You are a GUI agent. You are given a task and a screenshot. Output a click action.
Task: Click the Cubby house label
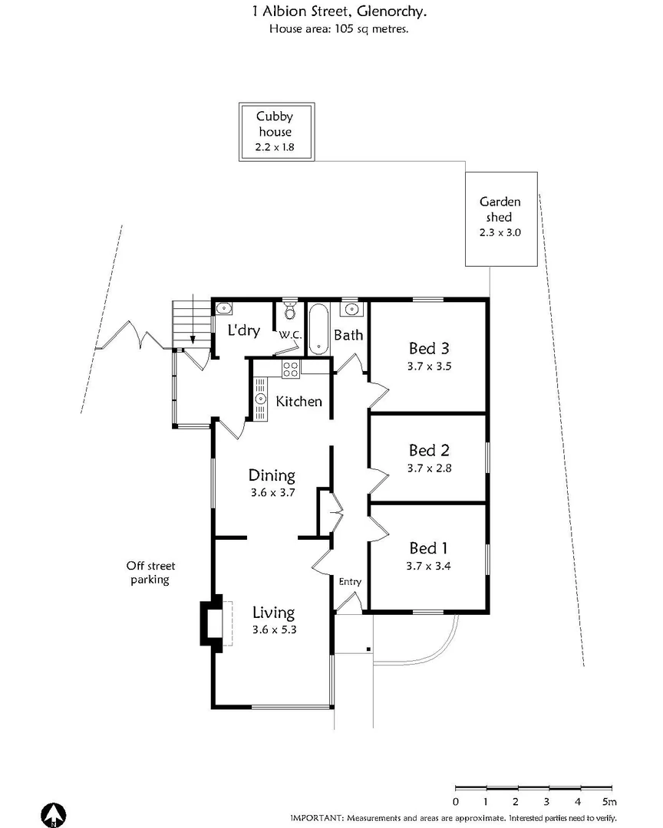click(x=274, y=124)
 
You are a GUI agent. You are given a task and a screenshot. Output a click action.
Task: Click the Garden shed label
click(x=500, y=209)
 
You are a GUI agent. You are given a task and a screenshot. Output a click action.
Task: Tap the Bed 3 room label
click(x=429, y=349)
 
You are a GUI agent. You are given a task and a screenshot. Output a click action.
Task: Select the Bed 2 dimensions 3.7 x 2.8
click(x=429, y=467)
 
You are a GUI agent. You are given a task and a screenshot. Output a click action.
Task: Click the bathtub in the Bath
click(x=319, y=329)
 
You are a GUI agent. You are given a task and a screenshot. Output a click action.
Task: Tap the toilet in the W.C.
click(x=290, y=310)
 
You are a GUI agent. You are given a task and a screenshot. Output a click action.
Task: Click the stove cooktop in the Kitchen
click(x=291, y=369)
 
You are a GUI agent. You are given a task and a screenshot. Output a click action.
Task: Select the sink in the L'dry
click(x=223, y=310)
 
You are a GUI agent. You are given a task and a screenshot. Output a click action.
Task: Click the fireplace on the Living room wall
click(x=212, y=621)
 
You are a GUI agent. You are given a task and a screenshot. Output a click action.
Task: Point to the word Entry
click(x=350, y=582)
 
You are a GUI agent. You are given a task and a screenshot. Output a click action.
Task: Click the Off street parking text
click(x=149, y=573)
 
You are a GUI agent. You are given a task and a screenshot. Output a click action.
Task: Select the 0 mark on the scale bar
click(x=456, y=802)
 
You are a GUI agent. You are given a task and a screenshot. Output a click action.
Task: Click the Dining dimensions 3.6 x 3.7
click(x=272, y=493)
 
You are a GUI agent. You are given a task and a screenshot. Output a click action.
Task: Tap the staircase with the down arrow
click(x=192, y=321)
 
